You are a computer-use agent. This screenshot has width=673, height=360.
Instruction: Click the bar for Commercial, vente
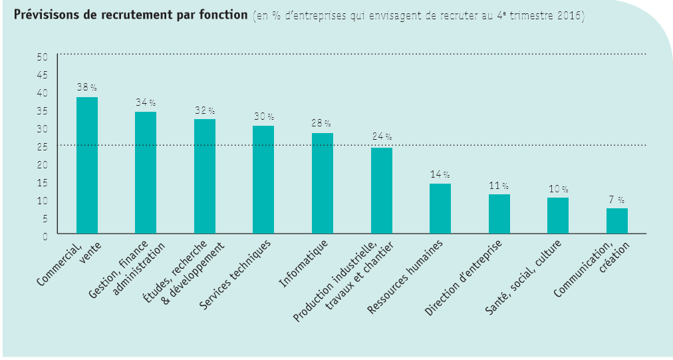87,165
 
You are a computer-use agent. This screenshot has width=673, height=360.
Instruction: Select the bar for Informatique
323,183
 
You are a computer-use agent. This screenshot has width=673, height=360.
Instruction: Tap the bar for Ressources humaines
440,208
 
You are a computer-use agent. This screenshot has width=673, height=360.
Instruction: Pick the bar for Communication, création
616,220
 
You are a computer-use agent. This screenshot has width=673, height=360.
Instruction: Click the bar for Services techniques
263,180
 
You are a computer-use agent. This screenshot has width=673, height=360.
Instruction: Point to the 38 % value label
87,87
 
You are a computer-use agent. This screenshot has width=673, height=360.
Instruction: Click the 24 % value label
382,136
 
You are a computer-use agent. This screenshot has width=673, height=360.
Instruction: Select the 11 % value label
499,186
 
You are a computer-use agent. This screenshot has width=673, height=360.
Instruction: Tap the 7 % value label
616,200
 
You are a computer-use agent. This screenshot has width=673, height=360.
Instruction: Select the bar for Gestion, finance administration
146,172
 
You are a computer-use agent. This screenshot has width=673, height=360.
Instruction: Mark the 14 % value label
440,174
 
